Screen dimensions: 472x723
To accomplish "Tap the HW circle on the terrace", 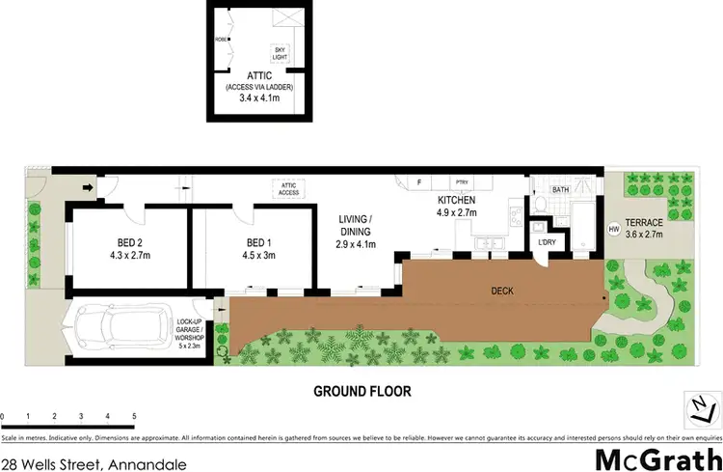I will pyautogui.click(x=613, y=229).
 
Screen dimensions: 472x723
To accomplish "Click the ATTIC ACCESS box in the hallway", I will pyautogui.click(x=287, y=189).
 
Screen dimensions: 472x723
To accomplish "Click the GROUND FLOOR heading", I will pyautogui.click(x=362, y=392).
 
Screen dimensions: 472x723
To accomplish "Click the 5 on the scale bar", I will pyautogui.click(x=133, y=416).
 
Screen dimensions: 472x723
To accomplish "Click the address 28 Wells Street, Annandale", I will pyautogui.click(x=94, y=462).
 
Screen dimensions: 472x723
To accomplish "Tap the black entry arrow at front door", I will pyautogui.click(x=88, y=188).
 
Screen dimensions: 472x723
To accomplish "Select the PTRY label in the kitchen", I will pyautogui.click(x=461, y=181).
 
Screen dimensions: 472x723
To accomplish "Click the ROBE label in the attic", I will pyautogui.click(x=221, y=41).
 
